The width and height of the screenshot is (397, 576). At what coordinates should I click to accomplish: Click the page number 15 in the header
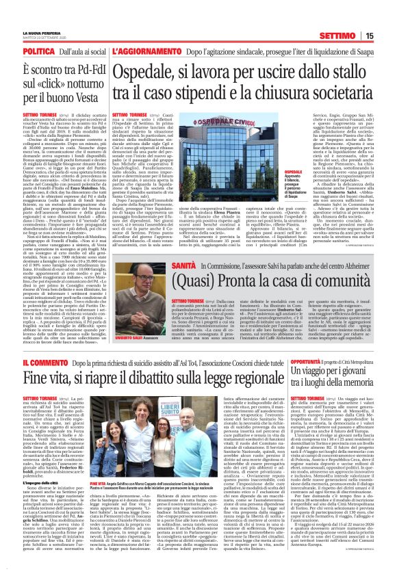pyautogui.click(x=387, y=36)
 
